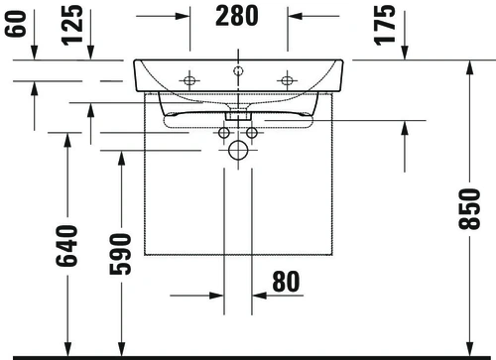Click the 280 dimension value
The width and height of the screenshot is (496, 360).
[237, 16]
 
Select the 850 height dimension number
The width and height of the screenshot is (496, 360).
[469, 208]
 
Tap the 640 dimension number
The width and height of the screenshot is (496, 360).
[66, 245]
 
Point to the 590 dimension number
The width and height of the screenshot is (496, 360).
[120, 254]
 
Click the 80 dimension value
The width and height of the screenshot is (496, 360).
[286, 282]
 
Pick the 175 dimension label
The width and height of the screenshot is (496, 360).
[385, 25]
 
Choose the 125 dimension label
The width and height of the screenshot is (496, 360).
[72, 25]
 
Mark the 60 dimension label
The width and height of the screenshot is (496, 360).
[15, 24]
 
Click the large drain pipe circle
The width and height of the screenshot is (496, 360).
[238, 151]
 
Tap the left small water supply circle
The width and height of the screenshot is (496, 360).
[224, 133]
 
